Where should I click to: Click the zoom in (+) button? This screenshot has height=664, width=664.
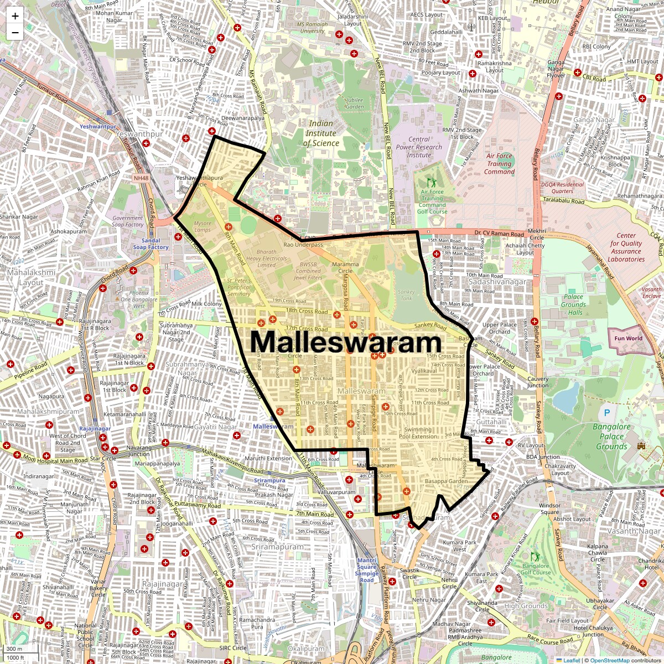[15, 16]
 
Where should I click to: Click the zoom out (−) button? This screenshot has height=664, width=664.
[15, 33]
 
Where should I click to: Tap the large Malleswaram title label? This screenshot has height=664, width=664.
[346, 343]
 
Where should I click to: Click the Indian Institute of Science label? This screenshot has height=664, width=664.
[321, 133]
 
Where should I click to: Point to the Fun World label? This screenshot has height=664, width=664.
[628, 338]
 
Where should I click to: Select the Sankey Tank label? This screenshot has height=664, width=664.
[406, 295]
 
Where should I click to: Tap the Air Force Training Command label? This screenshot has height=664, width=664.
[499, 164]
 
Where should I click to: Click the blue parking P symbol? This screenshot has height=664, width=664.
[607, 412]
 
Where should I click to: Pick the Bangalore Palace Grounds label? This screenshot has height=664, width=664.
[611, 437]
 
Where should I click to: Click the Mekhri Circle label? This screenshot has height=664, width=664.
[537, 234]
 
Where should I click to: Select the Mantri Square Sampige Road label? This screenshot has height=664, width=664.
[366, 570]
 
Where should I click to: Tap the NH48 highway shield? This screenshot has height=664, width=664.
[141, 178]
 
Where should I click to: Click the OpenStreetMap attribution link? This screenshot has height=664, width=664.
[609, 660]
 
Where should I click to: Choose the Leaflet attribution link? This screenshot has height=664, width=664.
[572, 660]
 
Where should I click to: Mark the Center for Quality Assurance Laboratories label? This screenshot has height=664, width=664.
[626, 247]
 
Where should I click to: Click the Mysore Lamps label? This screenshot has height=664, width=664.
[203, 226]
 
